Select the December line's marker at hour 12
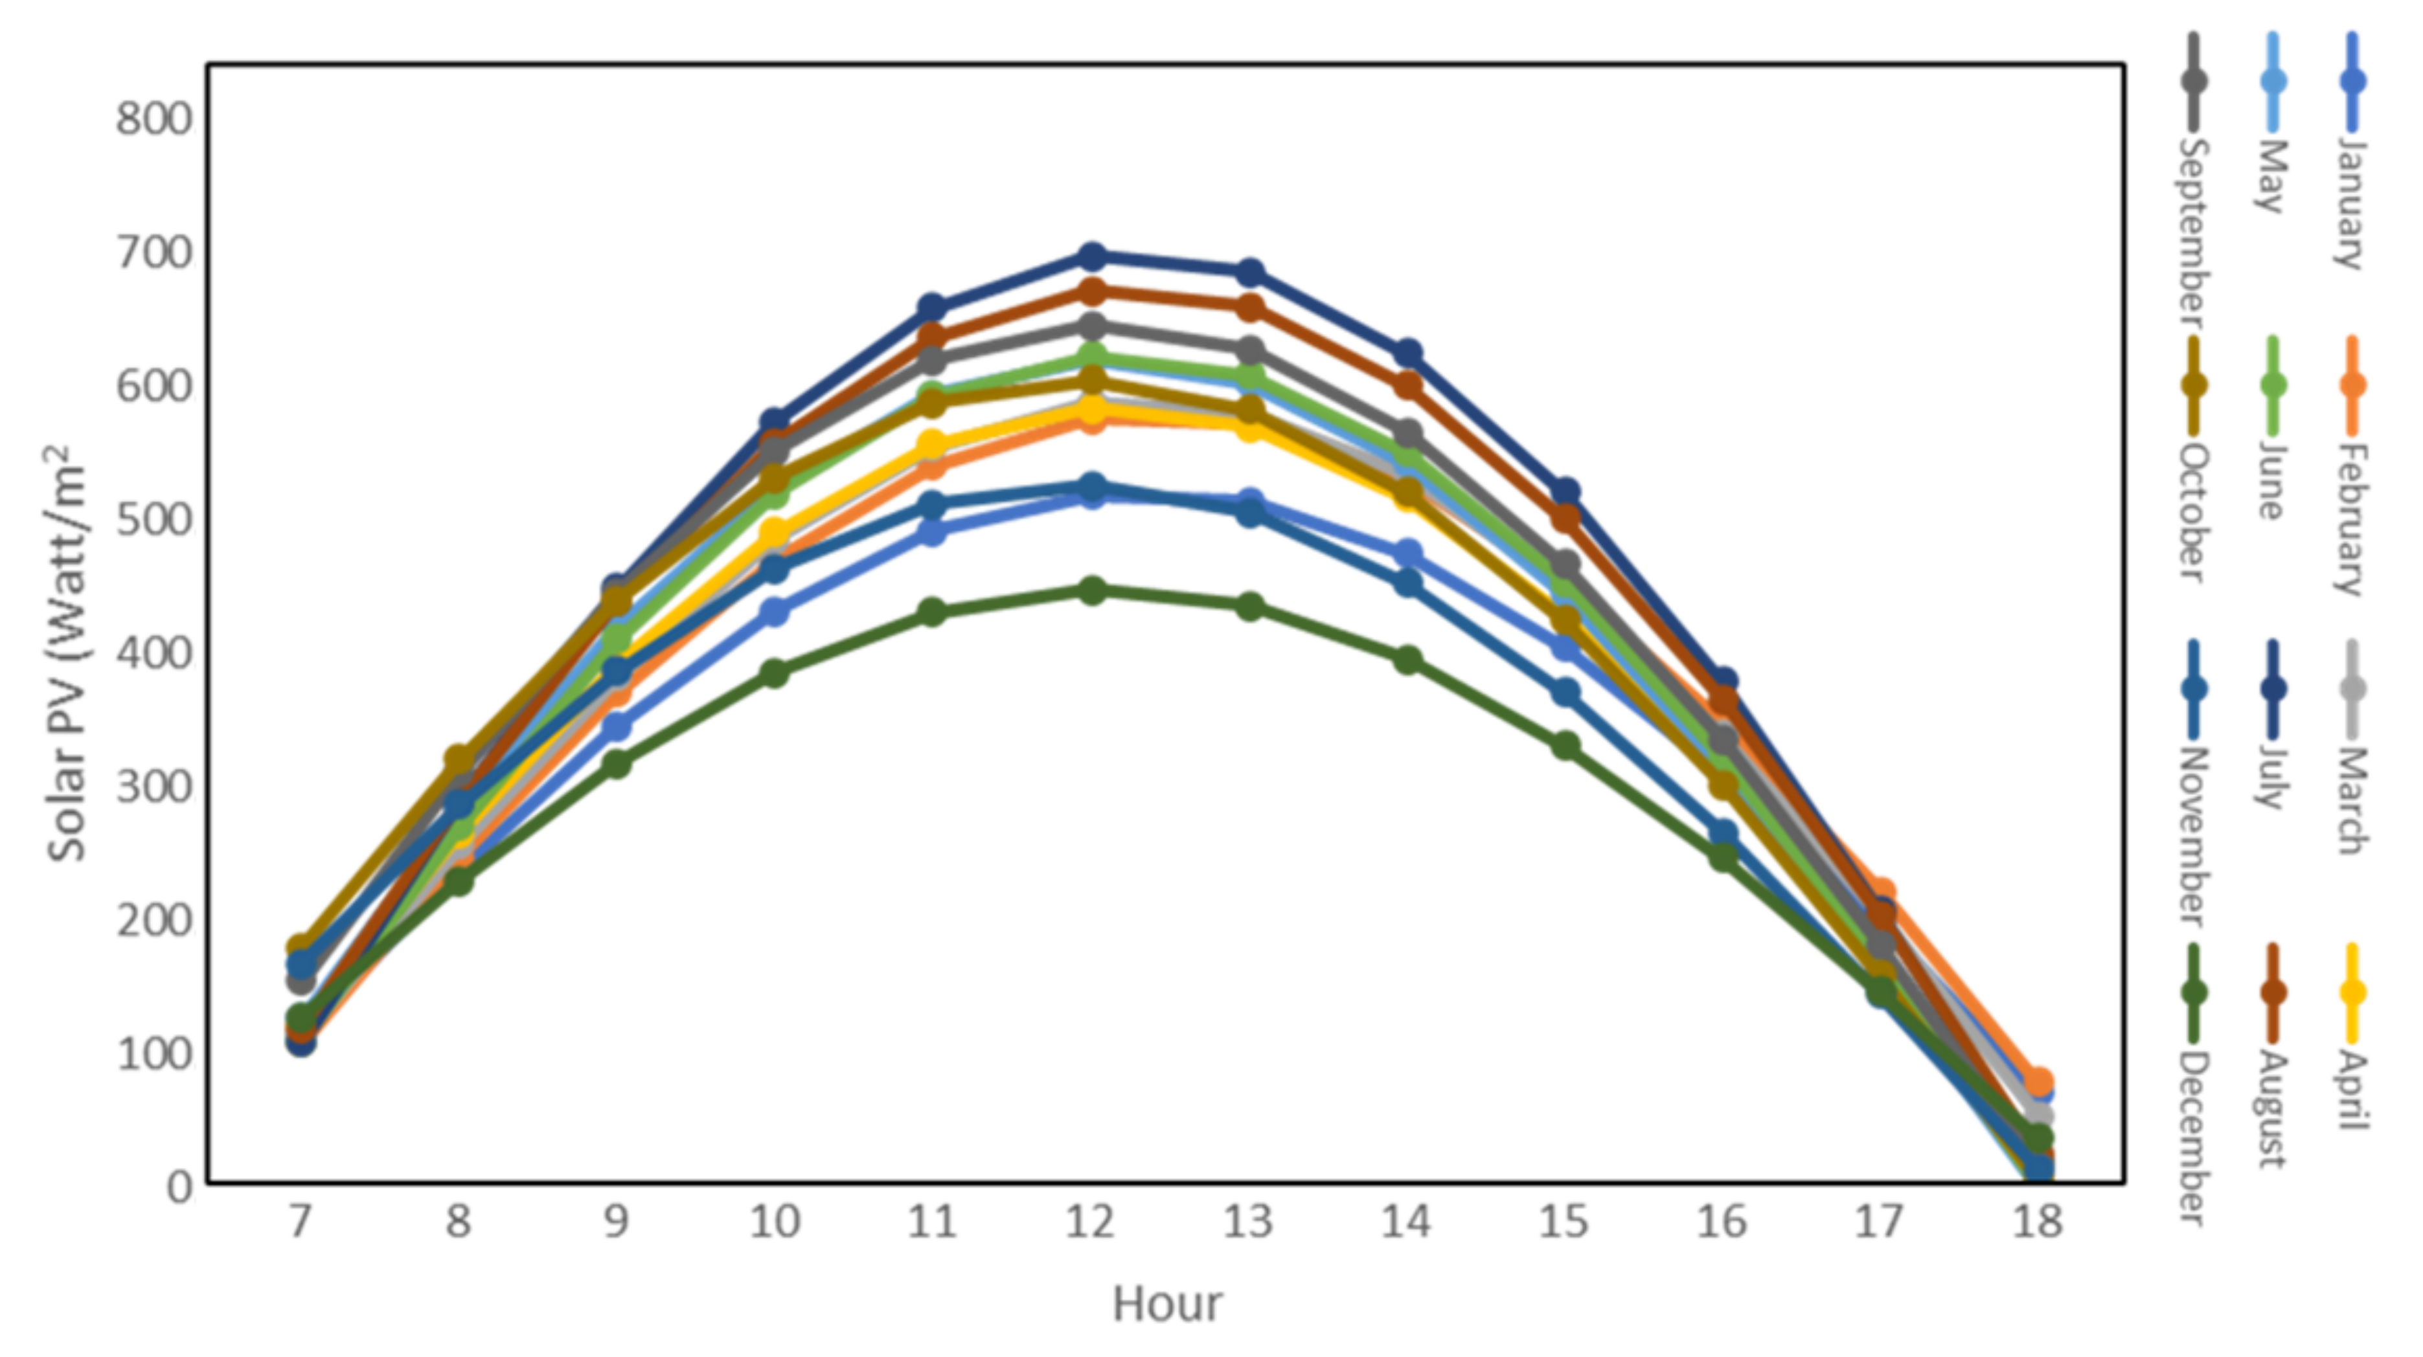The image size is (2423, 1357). pyautogui.click(x=1091, y=590)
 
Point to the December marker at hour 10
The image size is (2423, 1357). pyautogui.click(x=774, y=673)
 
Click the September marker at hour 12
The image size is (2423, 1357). pyautogui.click(x=1091, y=326)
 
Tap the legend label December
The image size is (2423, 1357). pyautogui.click(x=2194, y=1138)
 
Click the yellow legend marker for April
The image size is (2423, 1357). pyautogui.click(x=2352, y=992)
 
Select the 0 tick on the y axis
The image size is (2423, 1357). pyautogui.click(x=179, y=1187)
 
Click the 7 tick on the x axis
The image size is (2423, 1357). pyautogui.click(x=299, y=1222)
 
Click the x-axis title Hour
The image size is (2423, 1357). pyautogui.click(x=1167, y=1305)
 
